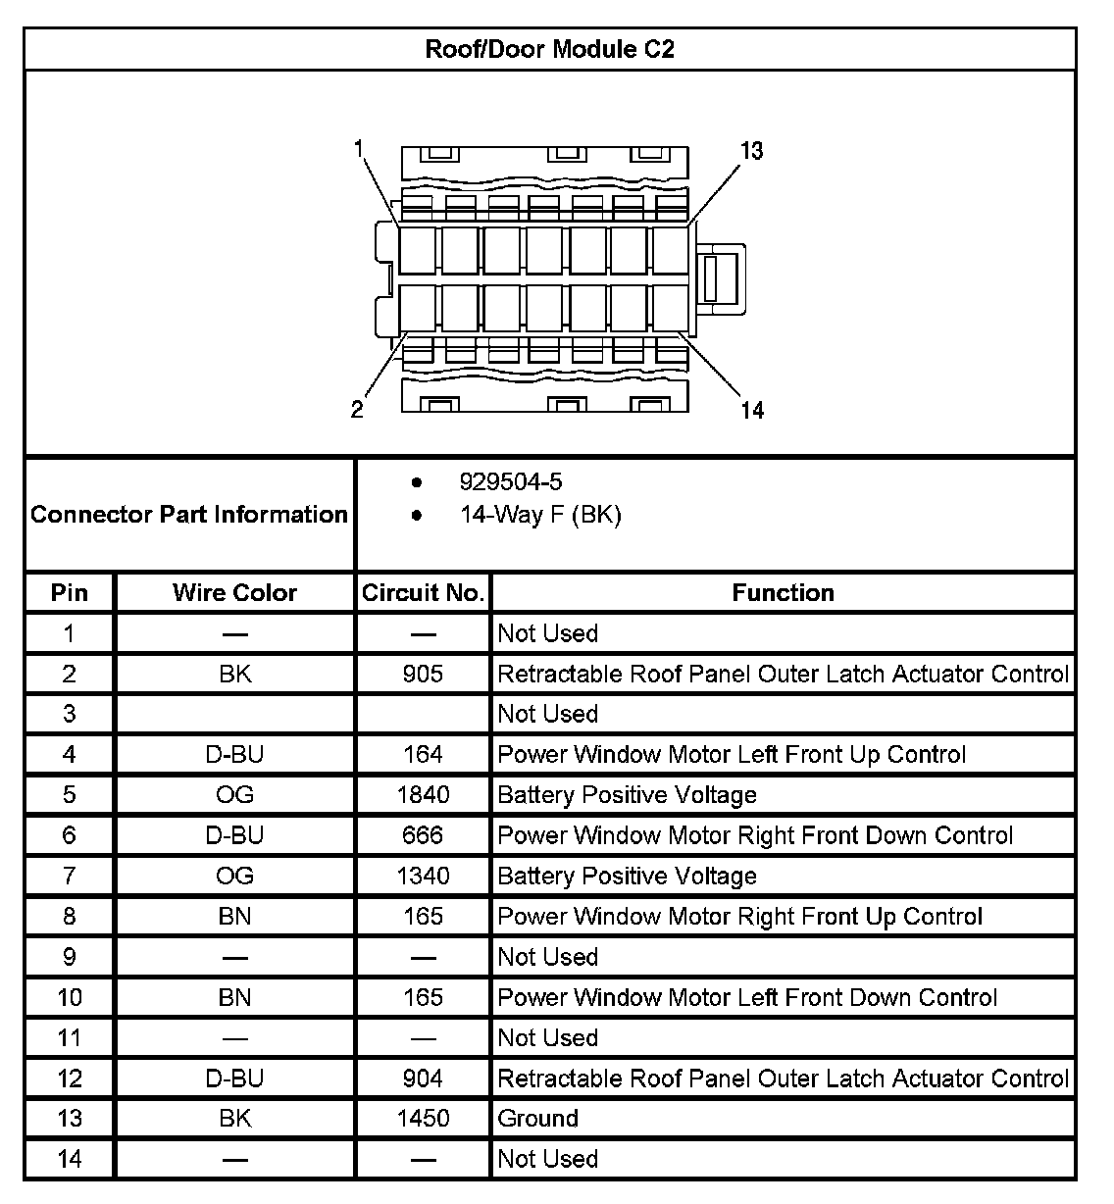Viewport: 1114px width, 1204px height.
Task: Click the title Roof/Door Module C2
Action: pos(549,49)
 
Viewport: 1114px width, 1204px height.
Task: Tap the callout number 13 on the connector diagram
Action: pos(751,151)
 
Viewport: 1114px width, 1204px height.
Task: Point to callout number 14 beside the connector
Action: pos(752,409)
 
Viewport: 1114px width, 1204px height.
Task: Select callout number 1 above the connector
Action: pos(359,149)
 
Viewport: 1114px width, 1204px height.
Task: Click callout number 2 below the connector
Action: pos(357,409)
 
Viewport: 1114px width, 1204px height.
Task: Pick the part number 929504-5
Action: pos(511,481)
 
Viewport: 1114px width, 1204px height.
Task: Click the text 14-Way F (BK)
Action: pos(540,515)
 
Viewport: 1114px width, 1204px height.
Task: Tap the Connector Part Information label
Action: pos(189,515)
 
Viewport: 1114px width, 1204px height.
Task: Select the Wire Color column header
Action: pos(234,592)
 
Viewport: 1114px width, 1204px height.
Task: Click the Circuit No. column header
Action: pos(423,592)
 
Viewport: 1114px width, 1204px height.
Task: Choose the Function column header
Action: pos(783,592)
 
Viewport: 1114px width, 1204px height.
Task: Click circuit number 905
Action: pos(423,674)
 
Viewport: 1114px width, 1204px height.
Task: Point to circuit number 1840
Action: pos(423,794)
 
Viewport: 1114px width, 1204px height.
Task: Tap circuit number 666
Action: pos(423,835)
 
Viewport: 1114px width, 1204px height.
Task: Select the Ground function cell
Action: pos(538,1119)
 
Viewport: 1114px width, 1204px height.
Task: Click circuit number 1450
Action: pos(423,1119)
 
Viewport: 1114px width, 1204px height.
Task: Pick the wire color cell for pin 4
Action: pos(234,754)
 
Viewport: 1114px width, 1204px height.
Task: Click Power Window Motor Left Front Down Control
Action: pos(747,997)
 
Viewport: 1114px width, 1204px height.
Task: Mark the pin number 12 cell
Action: pos(70,1079)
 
